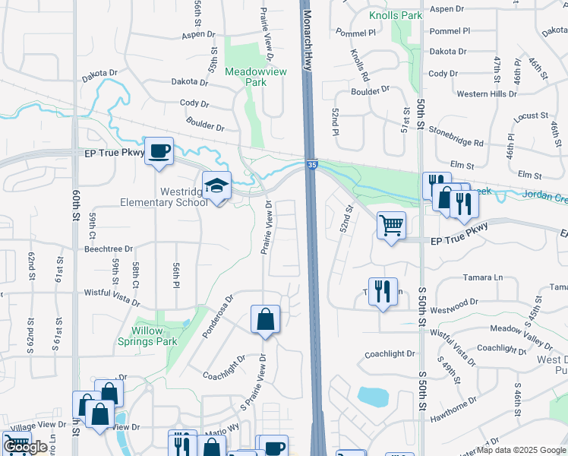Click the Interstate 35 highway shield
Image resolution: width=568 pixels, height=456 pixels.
pyautogui.click(x=311, y=164)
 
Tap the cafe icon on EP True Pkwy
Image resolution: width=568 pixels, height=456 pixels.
pyautogui.click(x=159, y=151)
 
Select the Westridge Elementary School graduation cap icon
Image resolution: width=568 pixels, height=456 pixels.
pyautogui.click(x=216, y=186)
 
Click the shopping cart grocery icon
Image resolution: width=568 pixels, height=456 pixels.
pyautogui.click(x=391, y=225)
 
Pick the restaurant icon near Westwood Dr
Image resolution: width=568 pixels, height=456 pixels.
pyautogui.click(x=383, y=291)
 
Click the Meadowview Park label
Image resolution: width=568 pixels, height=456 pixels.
pyautogui.click(x=255, y=77)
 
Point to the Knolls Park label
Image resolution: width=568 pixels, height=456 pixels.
pyautogui.click(x=395, y=15)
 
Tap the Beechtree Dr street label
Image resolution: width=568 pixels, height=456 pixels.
pyautogui.click(x=109, y=249)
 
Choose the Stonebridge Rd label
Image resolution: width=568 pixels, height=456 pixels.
pyautogui.click(x=456, y=142)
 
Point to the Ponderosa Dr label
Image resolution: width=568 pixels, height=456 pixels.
pyautogui.click(x=218, y=316)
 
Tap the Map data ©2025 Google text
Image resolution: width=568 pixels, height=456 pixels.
pyautogui.click(x=526, y=450)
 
